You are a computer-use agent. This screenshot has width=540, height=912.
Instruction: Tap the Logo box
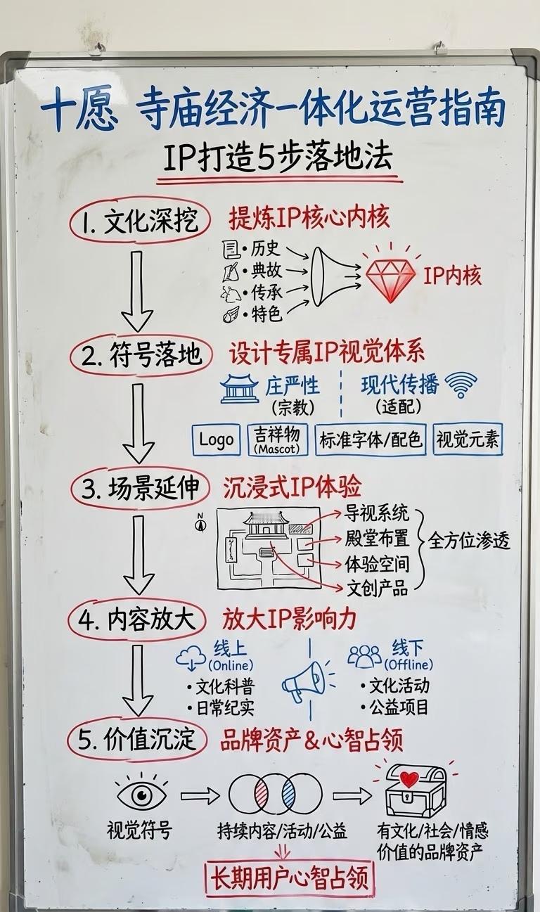coord(217,439)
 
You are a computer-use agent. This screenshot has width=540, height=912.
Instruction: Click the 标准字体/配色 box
coord(371,439)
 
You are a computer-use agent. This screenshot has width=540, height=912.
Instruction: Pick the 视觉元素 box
coord(468,439)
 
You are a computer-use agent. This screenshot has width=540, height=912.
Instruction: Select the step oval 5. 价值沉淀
coord(137,740)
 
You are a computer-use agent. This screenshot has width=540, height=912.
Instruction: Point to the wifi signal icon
coord(461,384)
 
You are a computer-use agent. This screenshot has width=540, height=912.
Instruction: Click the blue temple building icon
coord(240,388)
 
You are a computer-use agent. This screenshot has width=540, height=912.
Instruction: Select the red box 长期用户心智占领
coord(288,878)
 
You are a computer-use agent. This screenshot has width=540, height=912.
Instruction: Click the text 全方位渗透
coord(470,541)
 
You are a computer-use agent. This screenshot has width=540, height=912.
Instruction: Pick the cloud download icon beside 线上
coord(191,657)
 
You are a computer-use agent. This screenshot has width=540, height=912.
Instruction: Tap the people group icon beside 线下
coord(364,656)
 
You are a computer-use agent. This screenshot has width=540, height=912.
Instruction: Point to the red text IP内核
coord(452,276)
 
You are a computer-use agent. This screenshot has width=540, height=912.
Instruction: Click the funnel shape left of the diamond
coord(326,276)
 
